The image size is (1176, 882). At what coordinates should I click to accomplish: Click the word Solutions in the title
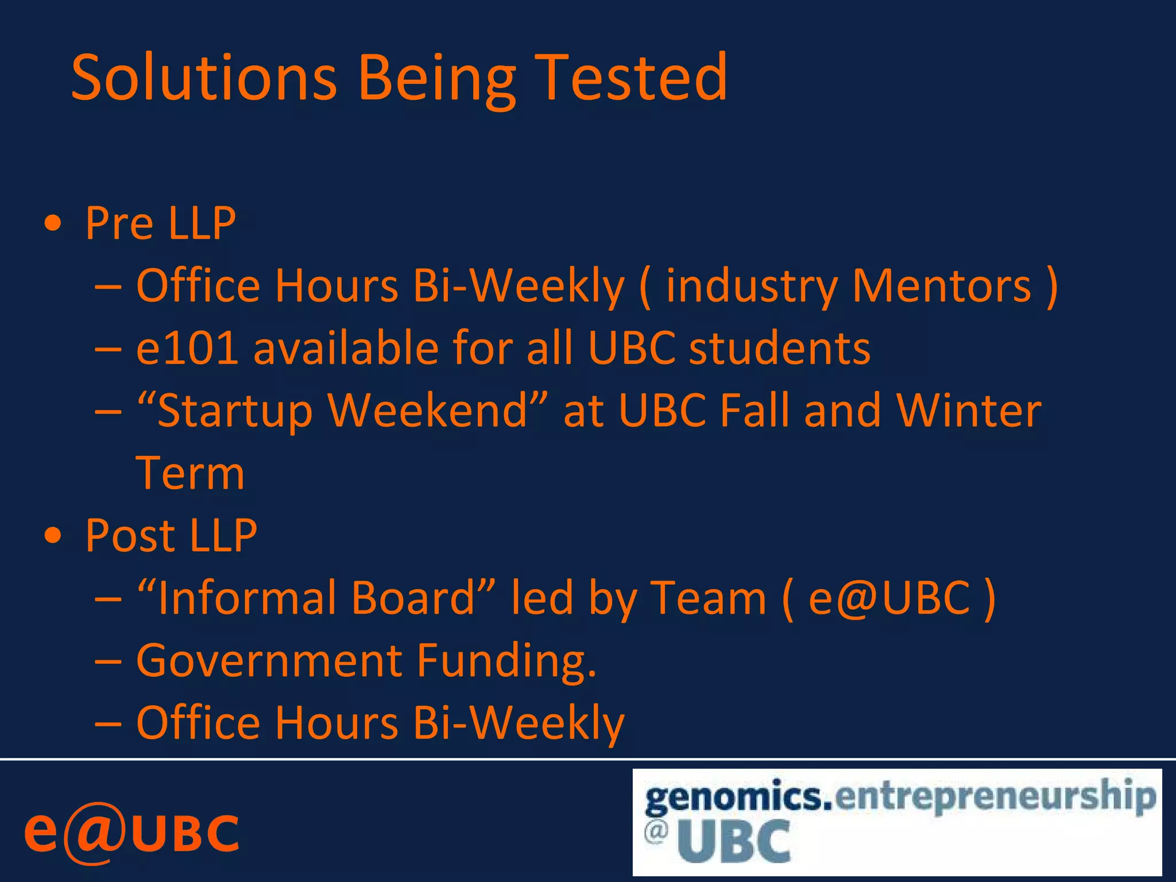tap(204, 78)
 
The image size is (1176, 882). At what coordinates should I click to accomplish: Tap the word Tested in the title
tap(633, 78)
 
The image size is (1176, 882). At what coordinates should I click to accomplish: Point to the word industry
tap(752, 287)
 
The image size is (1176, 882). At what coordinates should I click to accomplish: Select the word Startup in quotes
tap(234, 412)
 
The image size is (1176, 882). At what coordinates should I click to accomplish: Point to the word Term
tap(190, 473)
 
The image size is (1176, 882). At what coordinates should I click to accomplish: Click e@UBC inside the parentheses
tap(889, 598)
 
